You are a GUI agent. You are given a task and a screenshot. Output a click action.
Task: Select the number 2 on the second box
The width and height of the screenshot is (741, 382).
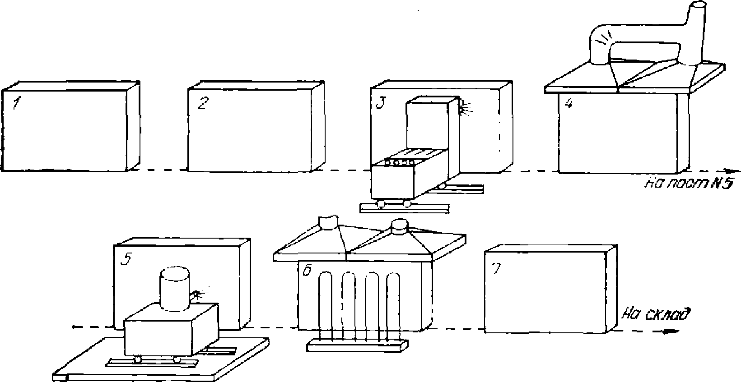tap(202, 104)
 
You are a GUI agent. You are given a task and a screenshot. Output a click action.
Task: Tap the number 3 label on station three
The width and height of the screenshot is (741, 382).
tap(381, 103)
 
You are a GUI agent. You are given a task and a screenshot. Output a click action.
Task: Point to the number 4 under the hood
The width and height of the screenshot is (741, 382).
tap(569, 103)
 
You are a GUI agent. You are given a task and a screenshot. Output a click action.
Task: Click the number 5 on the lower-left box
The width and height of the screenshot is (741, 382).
tap(129, 259)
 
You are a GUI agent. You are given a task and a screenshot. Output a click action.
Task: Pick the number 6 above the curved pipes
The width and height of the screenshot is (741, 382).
tap(306, 272)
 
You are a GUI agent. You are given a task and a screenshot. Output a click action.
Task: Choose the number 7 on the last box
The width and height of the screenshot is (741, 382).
tap(496, 269)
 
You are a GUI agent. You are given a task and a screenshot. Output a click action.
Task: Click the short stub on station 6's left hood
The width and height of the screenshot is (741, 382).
tap(328, 221)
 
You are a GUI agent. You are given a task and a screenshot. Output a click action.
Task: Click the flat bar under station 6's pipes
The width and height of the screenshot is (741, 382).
tap(357, 345)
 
